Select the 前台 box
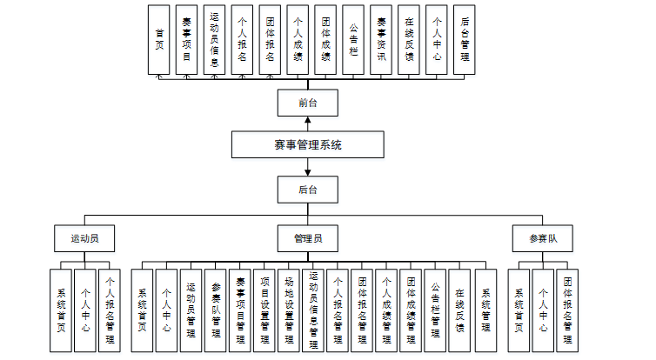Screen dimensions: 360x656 point(307,103)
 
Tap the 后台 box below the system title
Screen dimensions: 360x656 point(307,189)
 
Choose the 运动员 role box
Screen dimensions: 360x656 point(84,237)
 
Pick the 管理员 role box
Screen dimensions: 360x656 point(307,237)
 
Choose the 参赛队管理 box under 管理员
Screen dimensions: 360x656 point(216,310)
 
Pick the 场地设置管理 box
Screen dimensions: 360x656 point(289,310)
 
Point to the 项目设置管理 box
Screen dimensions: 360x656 point(264,310)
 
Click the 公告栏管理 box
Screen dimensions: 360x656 point(435,310)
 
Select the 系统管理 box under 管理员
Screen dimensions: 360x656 point(485,310)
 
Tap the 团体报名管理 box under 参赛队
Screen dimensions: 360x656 point(567,310)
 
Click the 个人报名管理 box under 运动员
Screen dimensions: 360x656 point(109,310)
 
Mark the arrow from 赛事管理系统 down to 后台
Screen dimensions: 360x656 point(307,167)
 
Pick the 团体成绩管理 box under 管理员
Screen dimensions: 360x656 point(411,310)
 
